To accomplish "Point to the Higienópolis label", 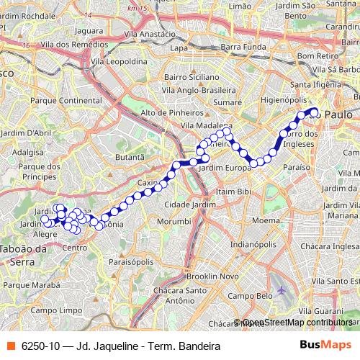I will pyautogui.click(x=284, y=100).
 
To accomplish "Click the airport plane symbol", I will pyautogui.click(x=281, y=289).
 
